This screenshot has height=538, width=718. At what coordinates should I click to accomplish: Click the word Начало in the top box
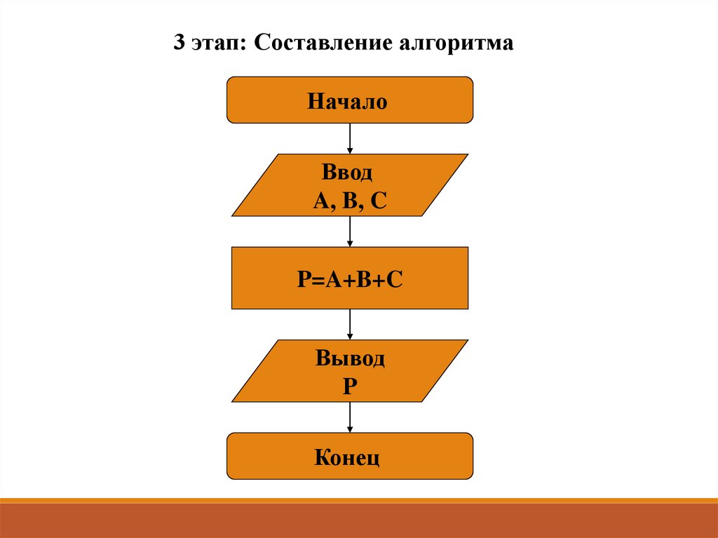point(346,102)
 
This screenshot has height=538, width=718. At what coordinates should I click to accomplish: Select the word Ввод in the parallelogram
point(348,173)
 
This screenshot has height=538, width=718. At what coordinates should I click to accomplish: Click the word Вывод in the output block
point(350,359)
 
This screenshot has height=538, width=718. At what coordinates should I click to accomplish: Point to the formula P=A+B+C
point(350,279)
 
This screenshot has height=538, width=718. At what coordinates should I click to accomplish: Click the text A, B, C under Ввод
point(350,201)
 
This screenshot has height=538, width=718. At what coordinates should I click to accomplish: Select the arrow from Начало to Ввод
point(350,138)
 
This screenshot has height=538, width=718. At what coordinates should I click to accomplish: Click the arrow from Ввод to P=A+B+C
point(350,231)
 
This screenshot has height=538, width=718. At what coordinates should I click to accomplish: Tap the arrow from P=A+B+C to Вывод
point(350,324)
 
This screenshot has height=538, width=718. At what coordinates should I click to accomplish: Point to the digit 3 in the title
point(180,44)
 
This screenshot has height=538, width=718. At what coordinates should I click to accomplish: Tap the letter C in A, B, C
point(378,201)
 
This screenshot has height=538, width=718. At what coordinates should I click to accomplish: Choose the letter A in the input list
point(321,201)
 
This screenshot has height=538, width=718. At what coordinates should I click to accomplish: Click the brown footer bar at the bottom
point(359,520)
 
